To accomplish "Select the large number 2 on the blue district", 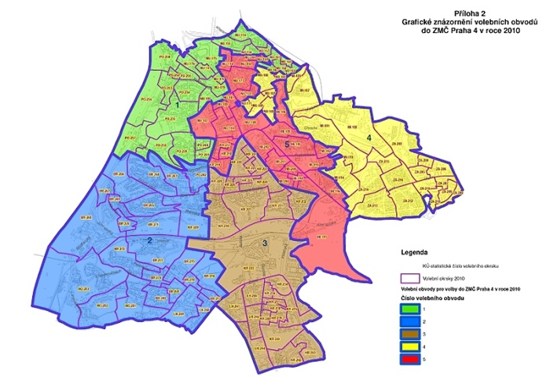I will pos(149,240).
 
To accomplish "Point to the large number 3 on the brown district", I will pos(265,244).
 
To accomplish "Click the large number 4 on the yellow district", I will pos(368,137).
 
